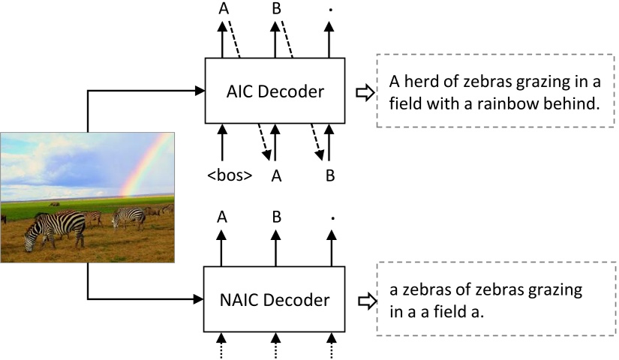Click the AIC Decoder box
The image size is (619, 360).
pyautogui.click(x=275, y=91)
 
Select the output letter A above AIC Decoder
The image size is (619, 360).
pyautogui.click(x=223, y=8)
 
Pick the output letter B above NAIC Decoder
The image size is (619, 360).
pyautogui.click(x=276, y=217)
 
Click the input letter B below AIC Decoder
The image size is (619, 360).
pyautogui.click(x=329, y=177)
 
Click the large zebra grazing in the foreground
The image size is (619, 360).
pyautogui.click(x=56, y=228)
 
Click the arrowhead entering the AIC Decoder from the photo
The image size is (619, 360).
pyautogui.click(x=200, y=91)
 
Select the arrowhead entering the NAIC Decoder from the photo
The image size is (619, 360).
pyautogui.click(x=200, y=300)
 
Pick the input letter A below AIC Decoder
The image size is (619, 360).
pyautogui.click(x=276, y=177)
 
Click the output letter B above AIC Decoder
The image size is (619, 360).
pyautogui.click(x=276, y=8)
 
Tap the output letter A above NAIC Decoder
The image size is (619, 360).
pyautogui.click(x=223, y=217)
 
